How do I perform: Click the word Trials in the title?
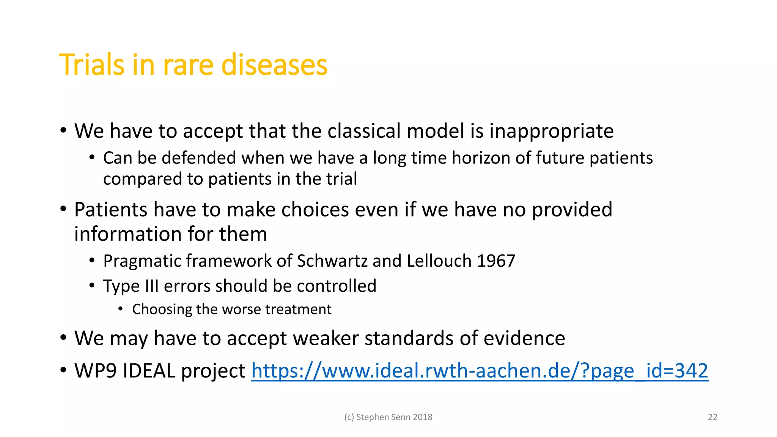pos(91,65)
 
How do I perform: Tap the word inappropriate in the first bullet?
pos(551,131)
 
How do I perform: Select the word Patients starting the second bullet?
pos(110,209)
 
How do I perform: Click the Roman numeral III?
pos(151,286)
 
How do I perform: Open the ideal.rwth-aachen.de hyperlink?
pos(480,371)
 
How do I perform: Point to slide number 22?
pos(713,417)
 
